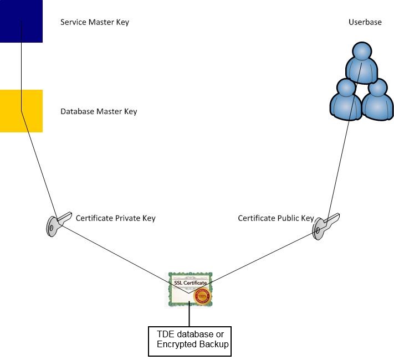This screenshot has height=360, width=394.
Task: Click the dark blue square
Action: [x=21, y=21]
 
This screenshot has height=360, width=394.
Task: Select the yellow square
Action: [x=21, y=111]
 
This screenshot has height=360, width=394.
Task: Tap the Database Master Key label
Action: [x=98, y=111]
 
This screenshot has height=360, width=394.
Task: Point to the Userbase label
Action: [x=364, y=23]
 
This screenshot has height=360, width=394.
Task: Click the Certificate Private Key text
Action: [x=115, y=218]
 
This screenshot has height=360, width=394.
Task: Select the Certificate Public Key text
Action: [x=275, y=218]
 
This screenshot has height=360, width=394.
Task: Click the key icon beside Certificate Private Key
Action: [x=57, y=223]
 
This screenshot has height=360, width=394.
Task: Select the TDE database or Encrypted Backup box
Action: [x=190, y=341]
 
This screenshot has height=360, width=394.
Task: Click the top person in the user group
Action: [x=361, y=63]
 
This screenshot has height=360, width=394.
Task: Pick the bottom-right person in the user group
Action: [x=377, y=100]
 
